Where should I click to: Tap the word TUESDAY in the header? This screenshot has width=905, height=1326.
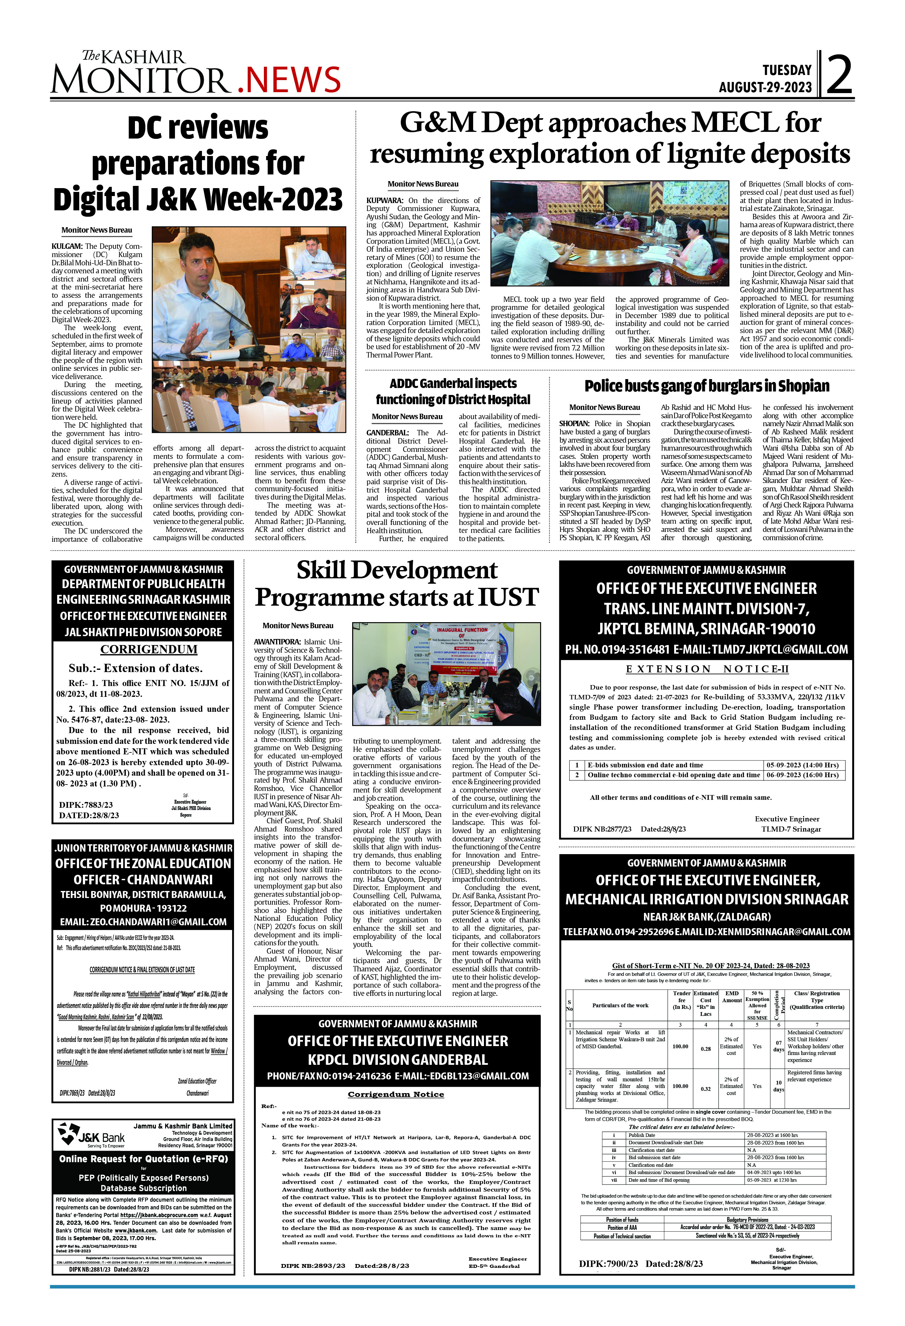click(786, 70)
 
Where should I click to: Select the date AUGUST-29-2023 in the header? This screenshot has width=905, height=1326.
click(765, 87)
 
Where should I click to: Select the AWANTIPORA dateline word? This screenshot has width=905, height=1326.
click(277, 642)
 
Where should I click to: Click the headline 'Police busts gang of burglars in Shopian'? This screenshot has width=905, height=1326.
click(707, 386)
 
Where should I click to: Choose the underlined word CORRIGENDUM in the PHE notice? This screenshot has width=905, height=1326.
click(149, 649)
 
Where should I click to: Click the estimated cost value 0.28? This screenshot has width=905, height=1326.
click(705, 1049)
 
